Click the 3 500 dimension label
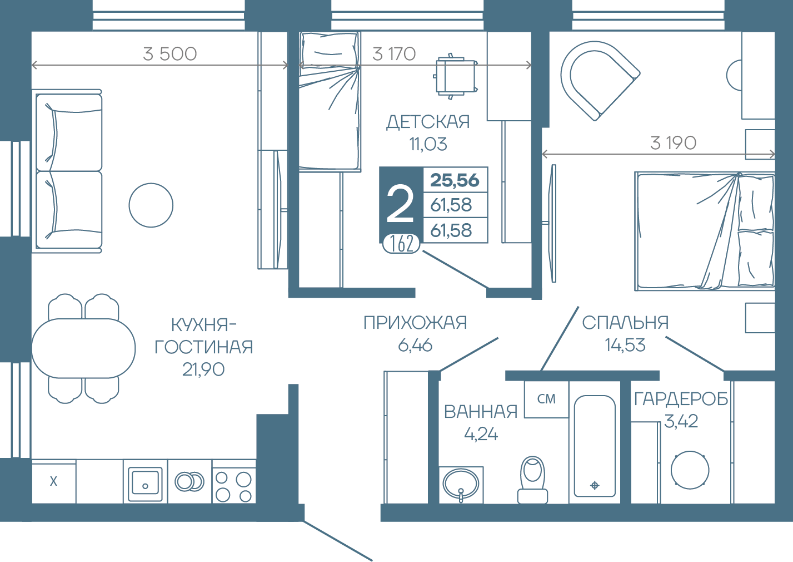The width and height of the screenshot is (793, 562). point(169,54)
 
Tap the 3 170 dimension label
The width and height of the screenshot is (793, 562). point(394,54)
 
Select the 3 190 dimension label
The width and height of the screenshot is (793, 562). point(673,143)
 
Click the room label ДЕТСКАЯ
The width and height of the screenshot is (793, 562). point(428,122)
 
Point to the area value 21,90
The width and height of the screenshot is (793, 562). point(203,369)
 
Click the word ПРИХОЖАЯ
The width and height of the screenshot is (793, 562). point(415,323)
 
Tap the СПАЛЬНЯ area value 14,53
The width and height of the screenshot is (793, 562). point(625,345)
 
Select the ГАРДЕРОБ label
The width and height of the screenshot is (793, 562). point(681,399)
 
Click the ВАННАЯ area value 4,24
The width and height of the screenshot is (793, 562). point(481,435)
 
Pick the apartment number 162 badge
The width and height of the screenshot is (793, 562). point(401,244)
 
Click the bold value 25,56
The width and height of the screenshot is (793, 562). point(455,180)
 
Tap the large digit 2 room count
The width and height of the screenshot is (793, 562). point(401,205)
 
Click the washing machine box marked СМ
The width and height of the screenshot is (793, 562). point(546,400)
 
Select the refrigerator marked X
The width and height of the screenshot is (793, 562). point(54,481)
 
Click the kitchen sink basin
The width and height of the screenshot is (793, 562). point(145,481)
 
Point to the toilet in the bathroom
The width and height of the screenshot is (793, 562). point(532,480)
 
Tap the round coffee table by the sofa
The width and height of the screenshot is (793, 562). point(151,205)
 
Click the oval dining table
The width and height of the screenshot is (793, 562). point(83,348)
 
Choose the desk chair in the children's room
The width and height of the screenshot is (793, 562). point(455,76)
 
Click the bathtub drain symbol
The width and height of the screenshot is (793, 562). point(595,485)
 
